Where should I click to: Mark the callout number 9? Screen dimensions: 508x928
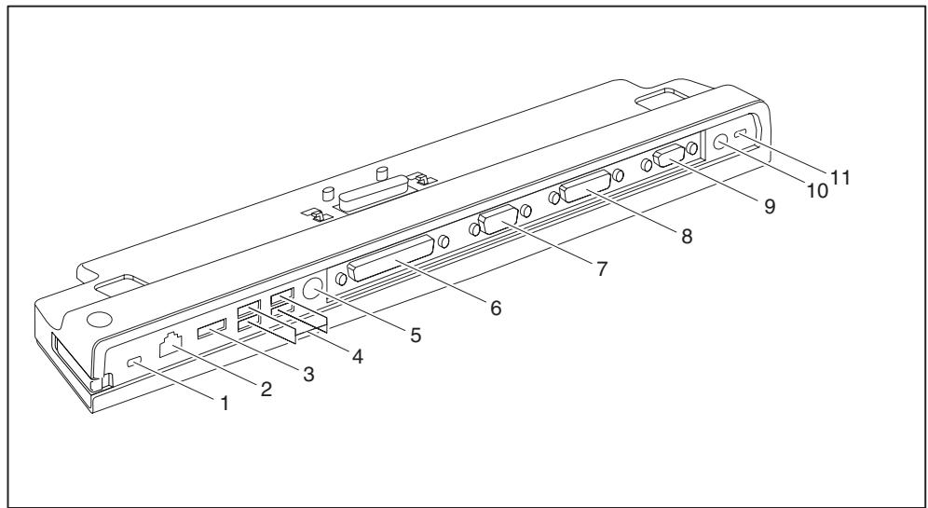click(769, 208)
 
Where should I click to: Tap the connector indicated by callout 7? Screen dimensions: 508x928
click(498, 225)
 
